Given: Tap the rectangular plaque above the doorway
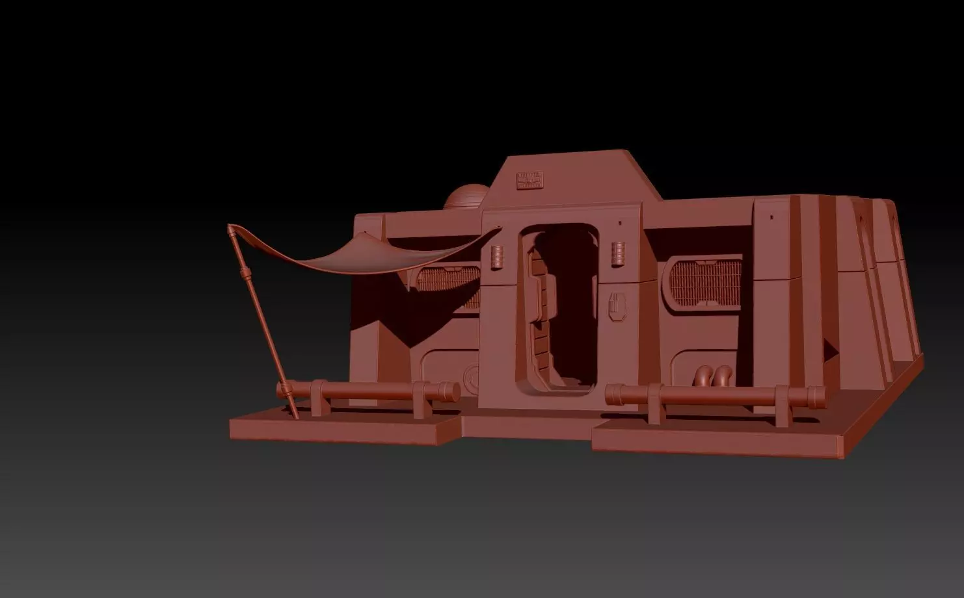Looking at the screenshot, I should pos(529,180).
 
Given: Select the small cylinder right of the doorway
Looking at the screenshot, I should pos(618,253).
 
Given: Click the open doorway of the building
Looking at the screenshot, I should pos(563,305).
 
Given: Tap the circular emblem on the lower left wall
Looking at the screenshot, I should pos(472,377).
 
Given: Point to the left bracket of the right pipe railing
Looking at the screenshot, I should pos(654,403).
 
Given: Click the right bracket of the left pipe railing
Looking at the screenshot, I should pos(421,399).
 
